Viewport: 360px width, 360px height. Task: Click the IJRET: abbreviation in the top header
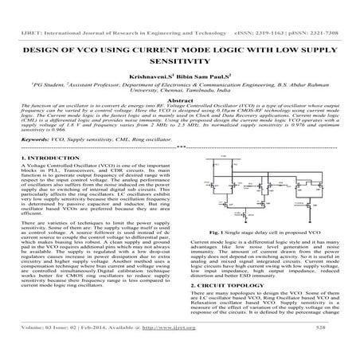point(15,6)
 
